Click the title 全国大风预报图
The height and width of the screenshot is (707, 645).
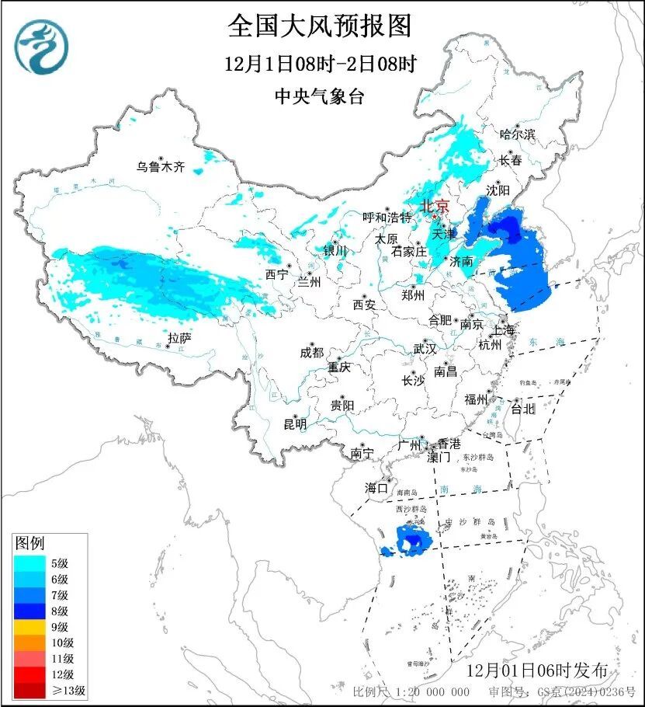(x=319, y=26)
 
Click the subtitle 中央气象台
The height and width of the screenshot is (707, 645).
(x=319, y=96)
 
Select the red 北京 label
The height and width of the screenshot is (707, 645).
(x=434, y=207)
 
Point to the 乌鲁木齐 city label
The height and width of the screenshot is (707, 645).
(x=161, y=166)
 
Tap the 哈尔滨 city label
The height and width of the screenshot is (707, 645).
(x=518, y=134)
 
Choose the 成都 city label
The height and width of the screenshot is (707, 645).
(x=311, y=352)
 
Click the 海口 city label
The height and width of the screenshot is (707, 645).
(x=376, y=488)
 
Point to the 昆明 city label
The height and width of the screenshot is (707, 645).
(x=295, y=423)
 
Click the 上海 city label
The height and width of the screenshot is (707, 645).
(x=503, y=329)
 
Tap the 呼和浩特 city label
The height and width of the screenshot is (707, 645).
(x=387, y=218)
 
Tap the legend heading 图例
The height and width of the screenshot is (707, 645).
(x=30, y=542)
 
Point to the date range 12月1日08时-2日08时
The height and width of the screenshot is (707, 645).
(x=319, y=64)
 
